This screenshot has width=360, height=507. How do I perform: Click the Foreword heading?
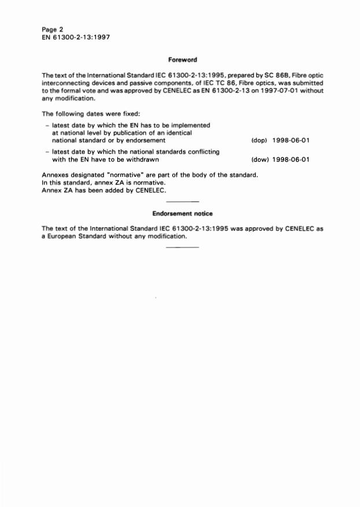click(x=183, y=60)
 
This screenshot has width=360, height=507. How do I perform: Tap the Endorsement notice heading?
click(x=183, y=214)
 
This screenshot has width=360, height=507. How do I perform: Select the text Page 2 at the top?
click(x=53, y=29)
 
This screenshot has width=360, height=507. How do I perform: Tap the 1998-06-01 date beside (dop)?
click(x=291, y=140)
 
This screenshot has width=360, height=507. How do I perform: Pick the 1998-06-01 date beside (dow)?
click(x=291, y=160)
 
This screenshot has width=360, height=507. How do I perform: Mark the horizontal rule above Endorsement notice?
click(x=183, y=201)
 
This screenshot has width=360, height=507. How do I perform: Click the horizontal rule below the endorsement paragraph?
click(x=183, y=248)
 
